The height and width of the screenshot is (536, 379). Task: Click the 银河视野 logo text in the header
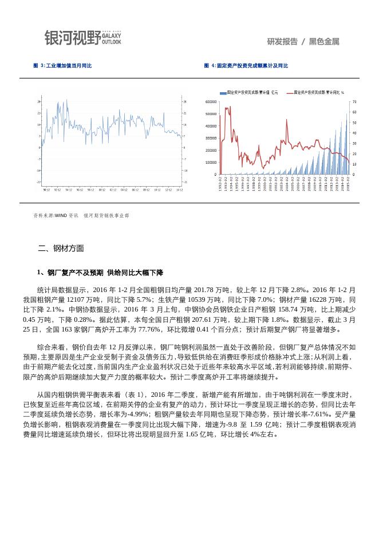coord(73,38)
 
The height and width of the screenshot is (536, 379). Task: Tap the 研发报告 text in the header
coord(282,42)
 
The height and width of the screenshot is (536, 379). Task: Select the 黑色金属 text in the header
coord(324,42)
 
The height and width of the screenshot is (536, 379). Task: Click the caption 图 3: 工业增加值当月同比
coord(62,66)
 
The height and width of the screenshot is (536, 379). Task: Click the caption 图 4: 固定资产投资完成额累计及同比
coord(246,66)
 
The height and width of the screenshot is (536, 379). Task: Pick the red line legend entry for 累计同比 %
coord(318,92)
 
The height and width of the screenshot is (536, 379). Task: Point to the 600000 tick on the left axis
coord(210,102)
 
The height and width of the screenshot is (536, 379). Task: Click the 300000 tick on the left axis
coord(210,138)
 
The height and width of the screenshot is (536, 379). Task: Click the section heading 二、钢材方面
coord(61,249)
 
